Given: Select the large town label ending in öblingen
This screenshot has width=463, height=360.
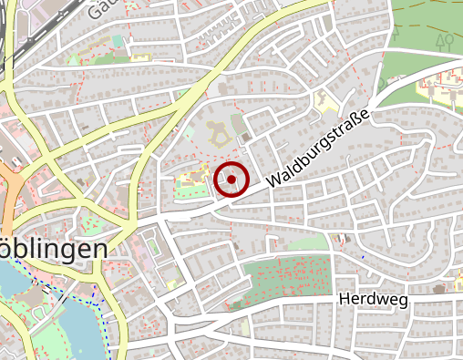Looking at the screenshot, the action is (x=57, y=249).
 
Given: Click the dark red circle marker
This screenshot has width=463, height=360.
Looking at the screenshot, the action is (x=232, y=180).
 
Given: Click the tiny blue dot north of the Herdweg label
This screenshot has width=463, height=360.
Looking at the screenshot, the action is (x=362, y=257).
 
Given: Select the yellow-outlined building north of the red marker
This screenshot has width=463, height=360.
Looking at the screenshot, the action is (x=219, y=136).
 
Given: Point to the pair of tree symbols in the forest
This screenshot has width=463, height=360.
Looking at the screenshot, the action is (x=444, y=41).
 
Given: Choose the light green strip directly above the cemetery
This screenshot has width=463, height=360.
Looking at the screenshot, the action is (x=305, y=242).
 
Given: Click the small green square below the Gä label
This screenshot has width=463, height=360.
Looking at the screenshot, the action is (x=118, y=40).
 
